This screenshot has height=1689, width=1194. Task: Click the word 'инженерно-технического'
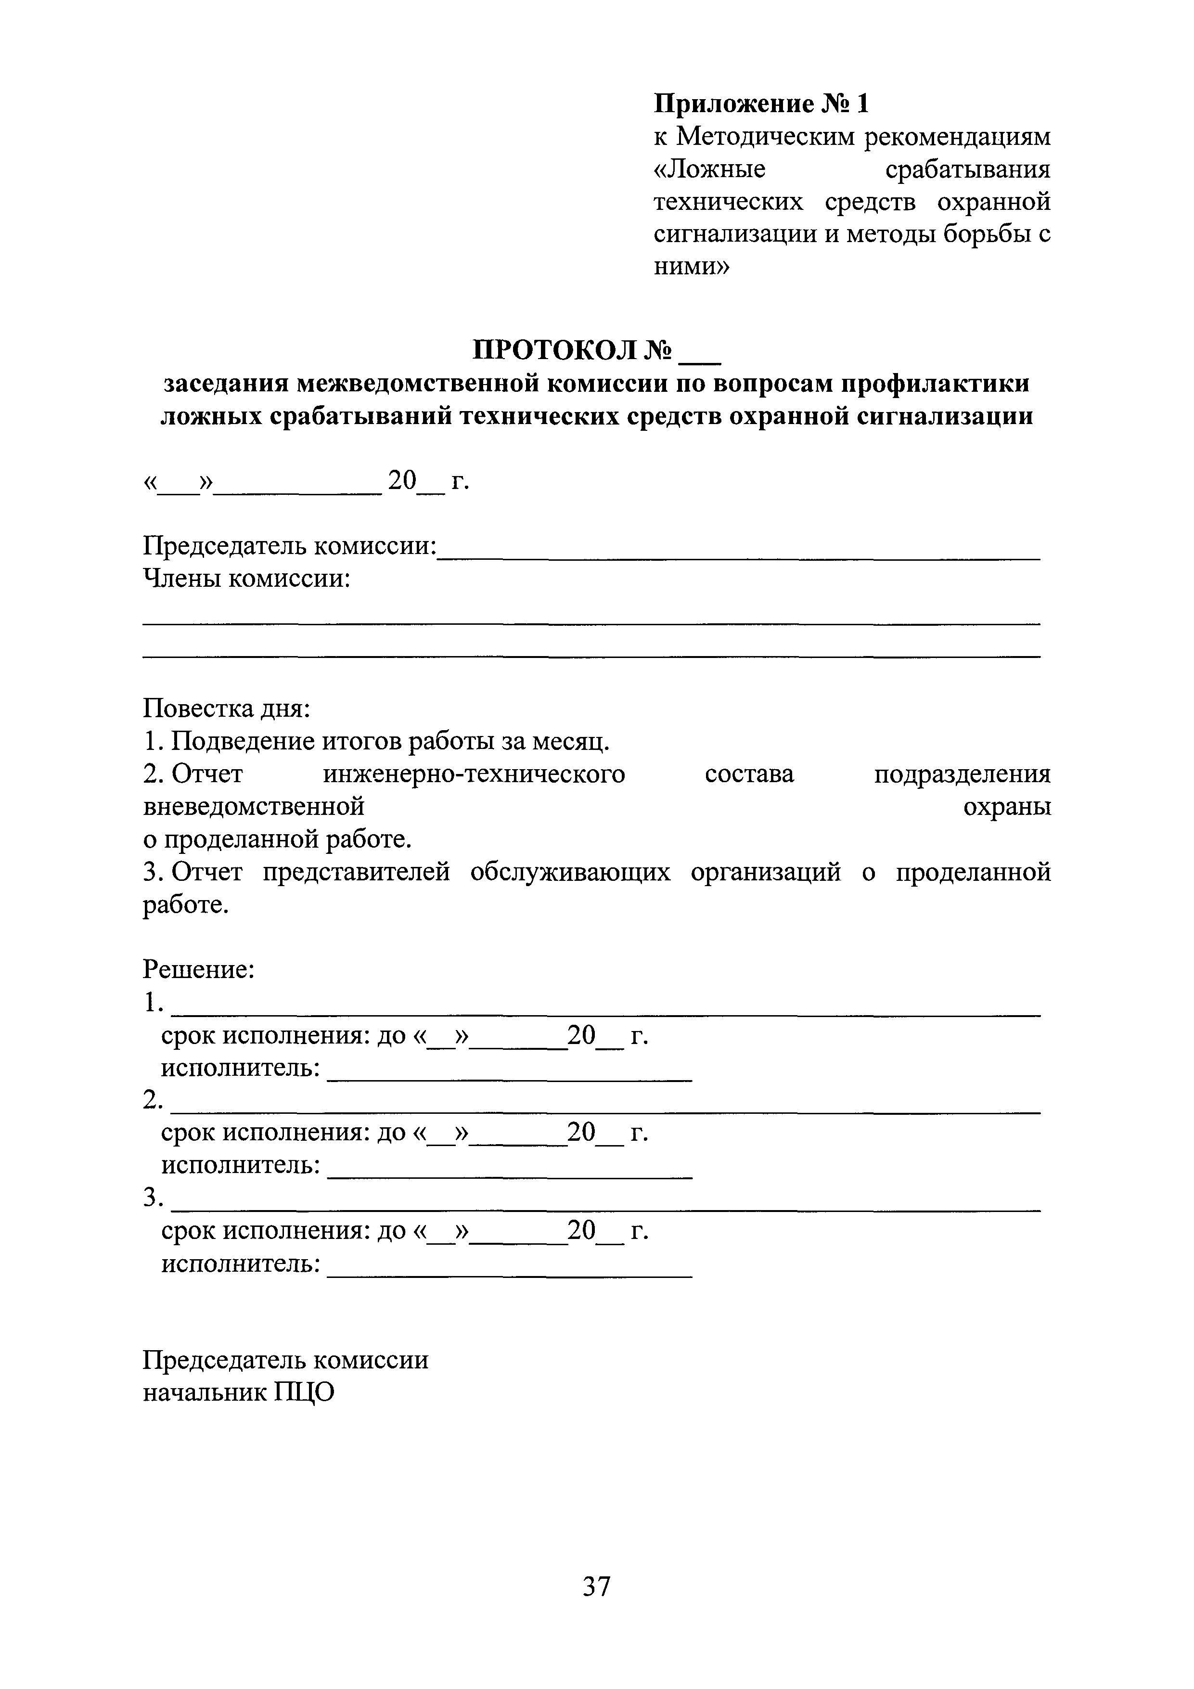coord(474,774)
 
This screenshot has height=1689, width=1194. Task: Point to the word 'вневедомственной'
coord(253,807)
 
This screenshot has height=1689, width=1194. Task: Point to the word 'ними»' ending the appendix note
coord(691,266)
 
